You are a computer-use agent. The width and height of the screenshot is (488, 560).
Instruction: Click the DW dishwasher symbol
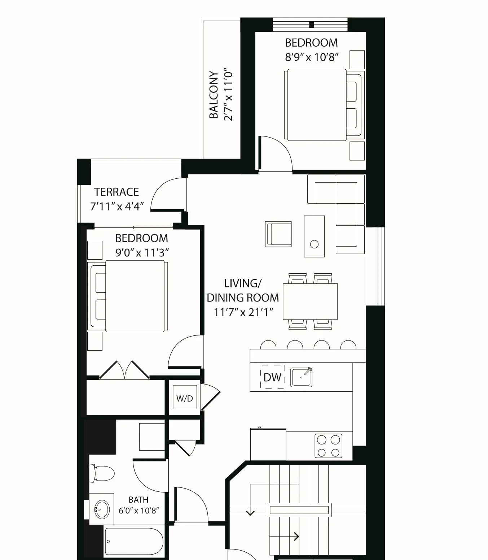pos(272,377)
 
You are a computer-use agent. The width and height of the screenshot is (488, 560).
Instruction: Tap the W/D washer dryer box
pos(185,398)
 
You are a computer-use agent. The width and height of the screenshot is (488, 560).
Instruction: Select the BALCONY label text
pos(214,95)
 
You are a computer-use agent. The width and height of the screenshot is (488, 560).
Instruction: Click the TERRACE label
pos(116,192)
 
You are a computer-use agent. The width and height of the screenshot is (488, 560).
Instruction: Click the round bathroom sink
pos(102,508)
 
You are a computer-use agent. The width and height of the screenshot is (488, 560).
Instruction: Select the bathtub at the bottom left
pos(133,542)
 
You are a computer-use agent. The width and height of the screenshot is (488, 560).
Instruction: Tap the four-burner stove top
pos(328,446)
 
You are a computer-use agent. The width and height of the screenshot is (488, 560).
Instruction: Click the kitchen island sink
pos(301,377)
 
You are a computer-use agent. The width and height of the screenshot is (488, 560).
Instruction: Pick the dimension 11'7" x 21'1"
pos(243,312)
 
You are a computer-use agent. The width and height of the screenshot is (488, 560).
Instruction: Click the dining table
pos(310,301)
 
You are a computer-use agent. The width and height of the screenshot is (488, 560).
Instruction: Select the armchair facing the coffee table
pos(278,234)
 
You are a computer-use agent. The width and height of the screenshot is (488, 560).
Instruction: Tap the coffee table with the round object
pos(314,236)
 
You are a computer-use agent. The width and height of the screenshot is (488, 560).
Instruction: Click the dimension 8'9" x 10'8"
pos(312,57)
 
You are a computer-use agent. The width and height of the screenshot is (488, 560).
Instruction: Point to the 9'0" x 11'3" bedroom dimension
pos(142,253)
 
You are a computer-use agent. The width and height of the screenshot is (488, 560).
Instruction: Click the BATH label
pos(139,500)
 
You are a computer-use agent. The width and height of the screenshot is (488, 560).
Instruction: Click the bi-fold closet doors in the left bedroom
pos(124,370)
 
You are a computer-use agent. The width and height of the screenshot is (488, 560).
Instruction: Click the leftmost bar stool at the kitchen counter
pos(268,345)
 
